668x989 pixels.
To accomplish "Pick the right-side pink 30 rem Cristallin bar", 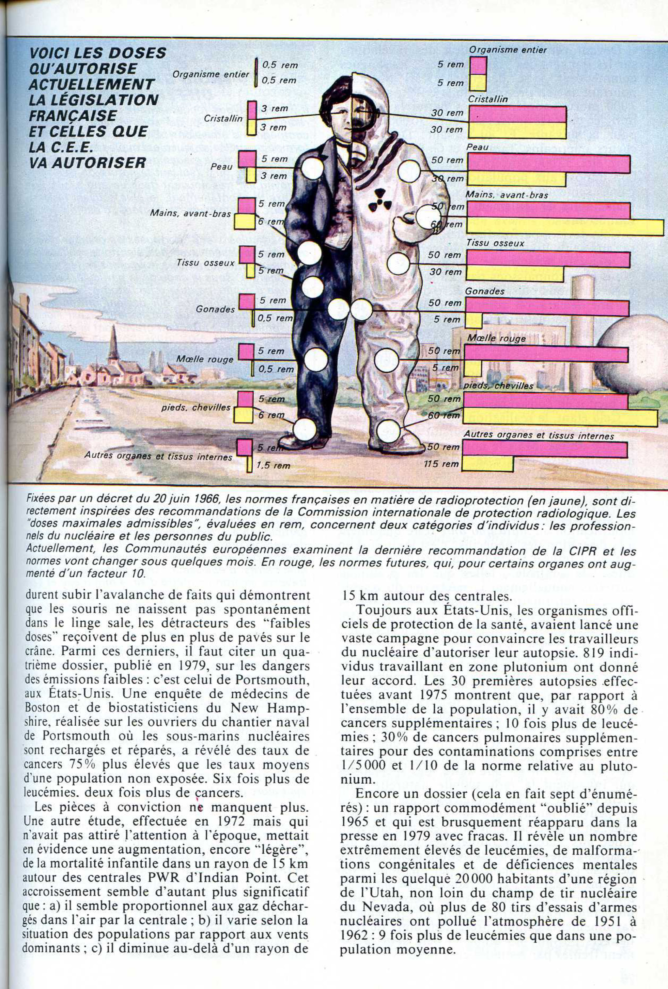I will click(x=517, y=114).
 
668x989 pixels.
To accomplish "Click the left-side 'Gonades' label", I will click(x=215, y=309).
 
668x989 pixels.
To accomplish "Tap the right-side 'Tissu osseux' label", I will click(x=495, y=243).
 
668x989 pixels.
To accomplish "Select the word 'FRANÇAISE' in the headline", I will click(x=73, y=116).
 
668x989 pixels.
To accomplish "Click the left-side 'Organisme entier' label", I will click(x=210, y=74).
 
